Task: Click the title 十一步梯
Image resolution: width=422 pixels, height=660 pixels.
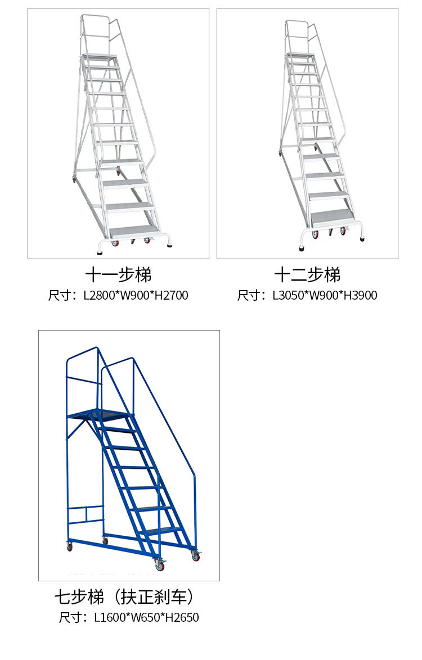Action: (118, 275)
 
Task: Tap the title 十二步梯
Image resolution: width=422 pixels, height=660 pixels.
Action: (307, 275)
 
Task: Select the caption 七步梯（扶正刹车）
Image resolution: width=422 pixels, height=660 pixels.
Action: (127, 596)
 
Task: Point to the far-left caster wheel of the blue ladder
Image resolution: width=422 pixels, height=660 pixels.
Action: (70, 546)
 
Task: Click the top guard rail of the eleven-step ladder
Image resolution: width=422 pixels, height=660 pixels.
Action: (99, 18)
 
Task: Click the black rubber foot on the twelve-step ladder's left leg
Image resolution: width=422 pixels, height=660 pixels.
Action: (302, 246)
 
